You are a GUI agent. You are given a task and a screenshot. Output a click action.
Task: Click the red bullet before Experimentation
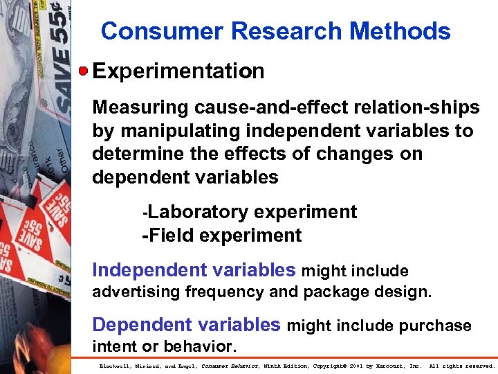point(83,71)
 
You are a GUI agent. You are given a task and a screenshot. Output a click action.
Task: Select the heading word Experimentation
point(178,71)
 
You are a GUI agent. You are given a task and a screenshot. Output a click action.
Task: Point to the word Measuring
point(140,108)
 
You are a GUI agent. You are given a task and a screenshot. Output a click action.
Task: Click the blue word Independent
point(142,270)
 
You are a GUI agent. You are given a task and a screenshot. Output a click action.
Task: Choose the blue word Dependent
point(135,325)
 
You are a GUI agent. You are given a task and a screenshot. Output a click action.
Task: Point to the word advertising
point(136,292)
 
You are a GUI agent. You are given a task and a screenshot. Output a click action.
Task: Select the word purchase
point(434,326)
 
